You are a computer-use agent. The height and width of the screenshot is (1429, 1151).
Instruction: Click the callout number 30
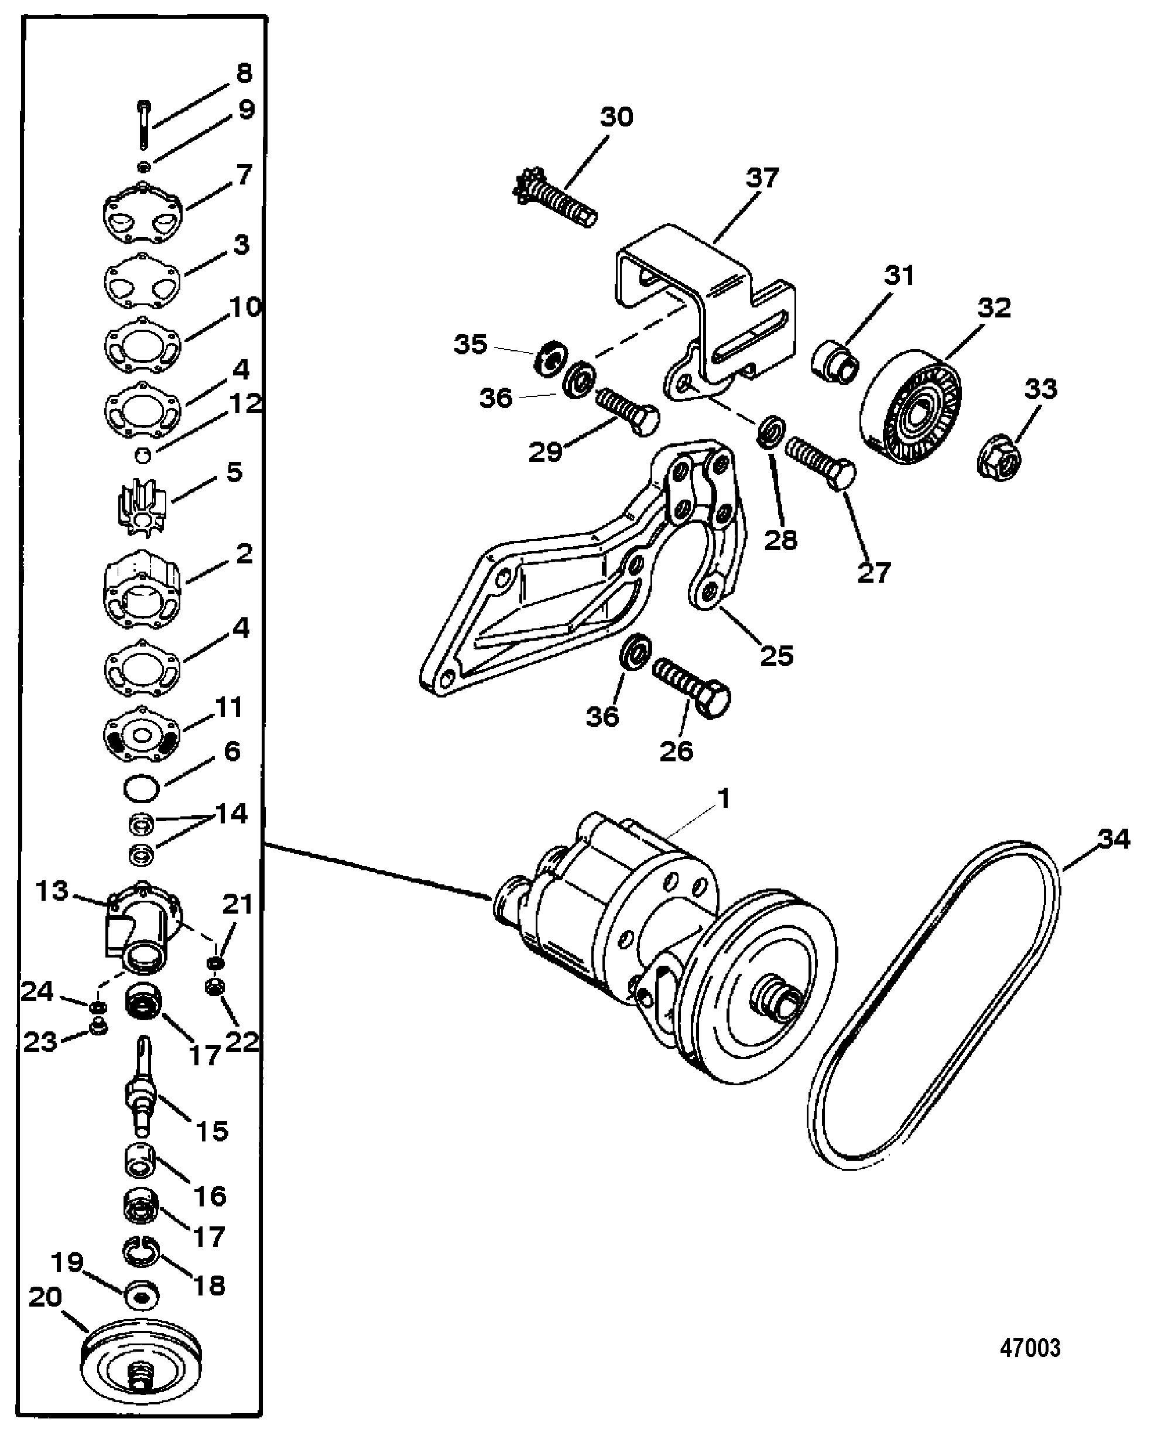click(616, 117)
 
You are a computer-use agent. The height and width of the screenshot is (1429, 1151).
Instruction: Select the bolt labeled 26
click(691, 687)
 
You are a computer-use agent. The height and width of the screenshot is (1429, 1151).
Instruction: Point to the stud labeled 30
click(556, 200)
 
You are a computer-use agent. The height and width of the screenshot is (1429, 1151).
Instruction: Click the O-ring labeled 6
click(141, 788)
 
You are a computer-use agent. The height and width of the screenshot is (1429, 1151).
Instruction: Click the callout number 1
click(724, 799)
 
